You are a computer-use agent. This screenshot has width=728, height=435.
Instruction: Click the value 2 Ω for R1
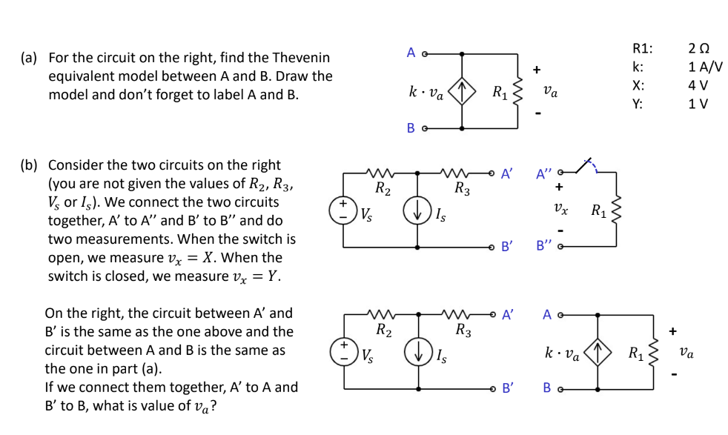pyautogui.click(x=698, y=49)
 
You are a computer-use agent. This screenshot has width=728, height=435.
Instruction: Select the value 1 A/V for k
pyautogui.click(x=705, y=67)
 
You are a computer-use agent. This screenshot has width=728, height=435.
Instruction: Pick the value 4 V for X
pyautogui.click(x=698, y=84)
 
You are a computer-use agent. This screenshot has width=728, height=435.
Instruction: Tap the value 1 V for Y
pyautogui.click(x=698, y=103)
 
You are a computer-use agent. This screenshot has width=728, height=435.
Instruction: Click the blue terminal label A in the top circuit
pyautogui.click(x=411, y=53)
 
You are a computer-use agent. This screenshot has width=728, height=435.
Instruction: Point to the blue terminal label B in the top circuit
pyautogui.click(x=411, y=128)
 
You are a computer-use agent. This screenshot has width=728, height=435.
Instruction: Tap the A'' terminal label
pyautogui.click(x=545, y=175)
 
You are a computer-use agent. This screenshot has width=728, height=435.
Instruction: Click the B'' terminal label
pyautogui.click(x=545, y=245)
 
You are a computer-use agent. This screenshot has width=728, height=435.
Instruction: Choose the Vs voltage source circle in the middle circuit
pyautogui.click(x=343, y=208)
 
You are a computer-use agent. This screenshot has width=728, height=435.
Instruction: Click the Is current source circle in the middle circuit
pyautogui.click(x=417, y=209)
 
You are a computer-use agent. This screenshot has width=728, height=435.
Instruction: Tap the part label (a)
pyautogui.click(x=30, y=57)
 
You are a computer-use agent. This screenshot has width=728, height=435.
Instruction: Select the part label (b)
pyautogui.click(x=30, y=165)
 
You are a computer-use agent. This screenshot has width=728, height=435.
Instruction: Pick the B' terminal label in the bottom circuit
pyautogui.click(x=507, y=387)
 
